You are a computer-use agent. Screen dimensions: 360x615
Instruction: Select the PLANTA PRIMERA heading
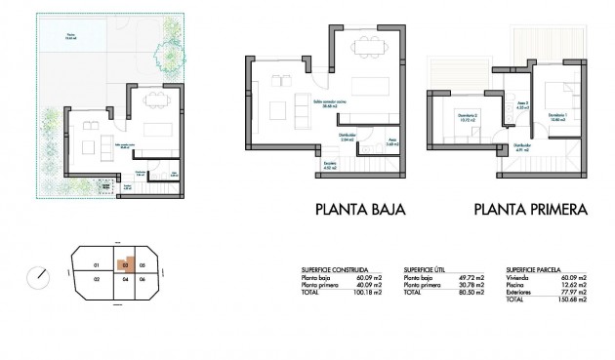tap(529, 209)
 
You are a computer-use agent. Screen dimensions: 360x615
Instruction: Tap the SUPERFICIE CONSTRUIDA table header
tap(335, 269)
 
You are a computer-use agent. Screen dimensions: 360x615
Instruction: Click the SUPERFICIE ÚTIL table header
tap(425, 269)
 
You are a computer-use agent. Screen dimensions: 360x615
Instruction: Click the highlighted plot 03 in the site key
tap(125, 264)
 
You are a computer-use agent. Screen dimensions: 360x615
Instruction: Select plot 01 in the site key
tap(96, 265)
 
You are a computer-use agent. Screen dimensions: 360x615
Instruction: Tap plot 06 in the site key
tap(143, 280)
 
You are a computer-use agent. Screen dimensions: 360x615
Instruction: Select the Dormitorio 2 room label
tap(470, 120)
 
